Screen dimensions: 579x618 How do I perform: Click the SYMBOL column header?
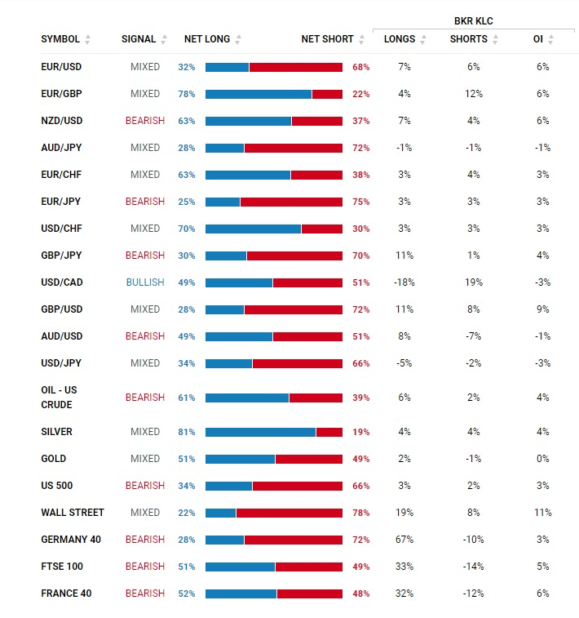pos(60,39)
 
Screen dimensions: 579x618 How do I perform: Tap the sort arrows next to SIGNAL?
pos(164,39)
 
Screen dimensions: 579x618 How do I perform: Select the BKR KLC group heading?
pos(474,21)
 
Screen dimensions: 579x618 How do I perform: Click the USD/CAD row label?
pos(62,282)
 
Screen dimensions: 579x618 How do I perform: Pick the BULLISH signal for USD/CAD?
pos(145,282)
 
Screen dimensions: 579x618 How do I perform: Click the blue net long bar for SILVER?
pos(260,433)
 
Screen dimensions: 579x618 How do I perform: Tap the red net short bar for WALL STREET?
pos(289,514)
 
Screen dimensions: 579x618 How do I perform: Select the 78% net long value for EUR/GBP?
pos(187,94)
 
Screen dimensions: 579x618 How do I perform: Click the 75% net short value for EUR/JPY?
pos(361,202)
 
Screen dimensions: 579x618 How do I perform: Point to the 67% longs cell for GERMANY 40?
pos(404,539)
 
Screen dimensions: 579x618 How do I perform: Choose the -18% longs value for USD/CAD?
pos(404,282)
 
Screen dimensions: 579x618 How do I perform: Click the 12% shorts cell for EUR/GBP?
pos(474,94)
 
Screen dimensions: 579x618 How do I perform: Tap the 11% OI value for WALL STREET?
pos(543,513)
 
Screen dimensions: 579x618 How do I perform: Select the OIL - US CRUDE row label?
pos(59,398)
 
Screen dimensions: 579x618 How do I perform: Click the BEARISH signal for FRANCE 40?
pos(145,594)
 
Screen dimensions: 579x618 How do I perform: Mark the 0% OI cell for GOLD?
pos(543,458)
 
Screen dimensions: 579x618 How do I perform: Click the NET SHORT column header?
pos(328,39)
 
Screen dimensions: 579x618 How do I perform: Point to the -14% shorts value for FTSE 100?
pos(474,567)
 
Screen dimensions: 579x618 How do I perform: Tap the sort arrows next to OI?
pos(551,39)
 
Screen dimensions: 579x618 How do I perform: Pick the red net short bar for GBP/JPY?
pos(295,256)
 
